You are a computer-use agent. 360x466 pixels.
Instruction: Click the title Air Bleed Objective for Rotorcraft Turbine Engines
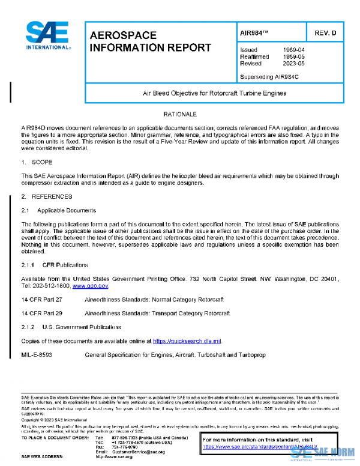214,93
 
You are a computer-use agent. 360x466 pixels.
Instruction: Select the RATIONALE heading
180,113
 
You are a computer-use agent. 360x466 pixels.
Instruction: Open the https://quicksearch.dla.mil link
187,341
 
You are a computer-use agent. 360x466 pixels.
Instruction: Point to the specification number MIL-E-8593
38,355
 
